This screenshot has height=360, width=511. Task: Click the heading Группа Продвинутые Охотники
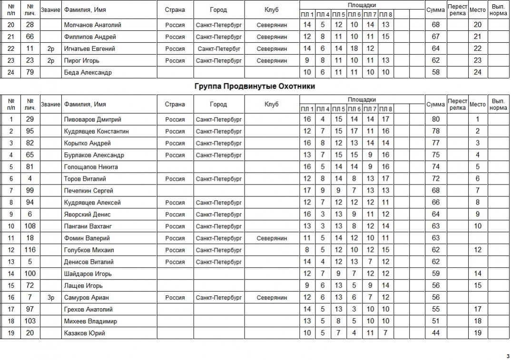point(255,87)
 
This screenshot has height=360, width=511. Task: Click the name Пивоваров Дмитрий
point(92,119)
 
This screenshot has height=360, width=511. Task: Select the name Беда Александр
point(88,72)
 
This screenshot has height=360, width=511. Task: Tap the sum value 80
point(435,119)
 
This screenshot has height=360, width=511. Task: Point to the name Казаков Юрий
point(84,333)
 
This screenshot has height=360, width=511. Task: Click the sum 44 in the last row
point(435,333)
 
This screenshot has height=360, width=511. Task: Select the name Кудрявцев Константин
point(96,131)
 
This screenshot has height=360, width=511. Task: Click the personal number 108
point(30,226)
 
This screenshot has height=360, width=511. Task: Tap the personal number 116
point(30,250)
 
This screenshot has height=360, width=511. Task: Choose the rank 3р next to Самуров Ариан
point(51,297)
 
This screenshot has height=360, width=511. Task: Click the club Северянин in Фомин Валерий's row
point(272,238)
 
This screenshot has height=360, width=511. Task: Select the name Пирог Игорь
point(82,60)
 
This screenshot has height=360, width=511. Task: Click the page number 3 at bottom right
point(508,356)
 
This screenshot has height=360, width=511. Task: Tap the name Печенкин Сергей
point(88,191)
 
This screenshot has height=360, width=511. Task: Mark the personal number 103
point(30,321)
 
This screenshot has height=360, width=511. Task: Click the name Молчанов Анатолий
point(92,25)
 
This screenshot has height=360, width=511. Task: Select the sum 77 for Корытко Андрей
point(435,143)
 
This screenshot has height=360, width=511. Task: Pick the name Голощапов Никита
point(91,167)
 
